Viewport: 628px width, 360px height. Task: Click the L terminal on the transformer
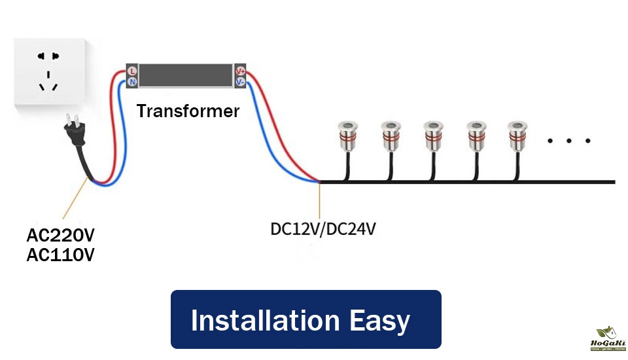[132, 71]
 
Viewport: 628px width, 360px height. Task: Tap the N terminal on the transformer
[132, 82]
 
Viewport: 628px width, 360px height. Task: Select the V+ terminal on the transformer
[240, 71]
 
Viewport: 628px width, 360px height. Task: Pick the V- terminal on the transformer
[240, 82]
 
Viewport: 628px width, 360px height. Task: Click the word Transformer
[188, 111]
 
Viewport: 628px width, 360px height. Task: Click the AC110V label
[61, 255]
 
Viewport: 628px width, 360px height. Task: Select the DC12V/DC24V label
[323, 230]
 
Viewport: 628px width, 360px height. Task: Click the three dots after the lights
[568, 141]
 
